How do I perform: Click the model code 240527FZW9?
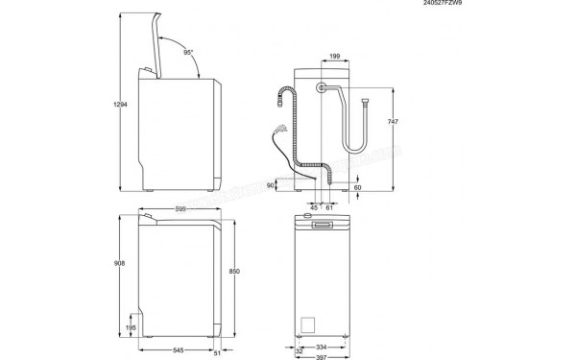(539, 5)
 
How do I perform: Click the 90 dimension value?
(271, 184)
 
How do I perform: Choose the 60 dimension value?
(358, 188)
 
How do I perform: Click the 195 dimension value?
(132, 327)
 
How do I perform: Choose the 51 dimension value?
(218, 351)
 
